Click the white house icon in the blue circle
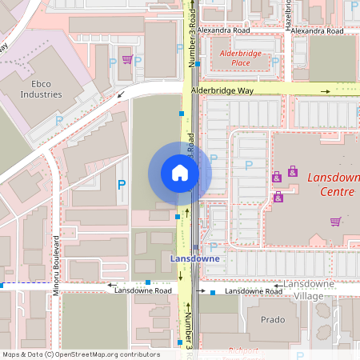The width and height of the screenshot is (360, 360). click(x=180, y=173)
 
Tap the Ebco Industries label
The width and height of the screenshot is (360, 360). click(x=42, y=88)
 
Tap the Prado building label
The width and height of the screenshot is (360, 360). click(x=273, y=319)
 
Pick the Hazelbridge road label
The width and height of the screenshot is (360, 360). click(x=288, y=14)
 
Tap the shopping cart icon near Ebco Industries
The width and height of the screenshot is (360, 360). click(x=126, y=59)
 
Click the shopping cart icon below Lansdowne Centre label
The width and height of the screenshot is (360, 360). click(x=335, y=222)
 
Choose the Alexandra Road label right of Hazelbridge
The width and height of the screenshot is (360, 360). click(x=317, y=31)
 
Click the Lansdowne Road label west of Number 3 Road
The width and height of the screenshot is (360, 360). click(x=142, y=291)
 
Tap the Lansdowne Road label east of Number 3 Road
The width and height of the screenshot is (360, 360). click(x=251, y=291)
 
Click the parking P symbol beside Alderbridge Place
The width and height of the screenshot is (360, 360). click(x=274, y=62)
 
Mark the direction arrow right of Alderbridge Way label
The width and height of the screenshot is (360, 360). click(x=325, y=91)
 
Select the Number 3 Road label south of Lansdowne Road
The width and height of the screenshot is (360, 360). click(x=189, y=330)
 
